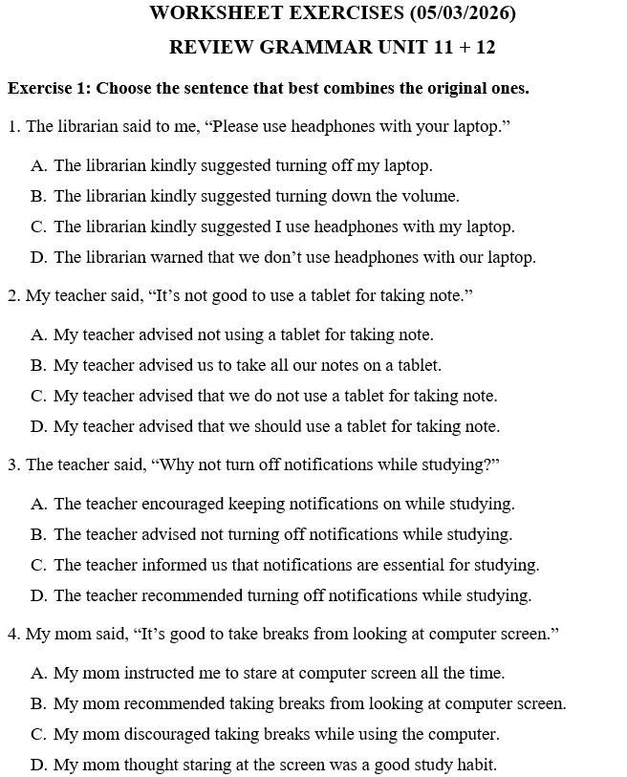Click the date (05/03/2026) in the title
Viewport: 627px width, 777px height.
tap(463, 13)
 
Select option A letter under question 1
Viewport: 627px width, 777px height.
tap(38, 166)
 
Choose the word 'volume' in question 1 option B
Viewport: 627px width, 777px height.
tap(430, 197)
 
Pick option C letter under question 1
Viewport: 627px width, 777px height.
tap(38, 227)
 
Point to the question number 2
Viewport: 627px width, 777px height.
tap(13, 296)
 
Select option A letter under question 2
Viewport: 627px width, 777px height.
tap(38, 335)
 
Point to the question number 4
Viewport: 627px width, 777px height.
tap(13, 635)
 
